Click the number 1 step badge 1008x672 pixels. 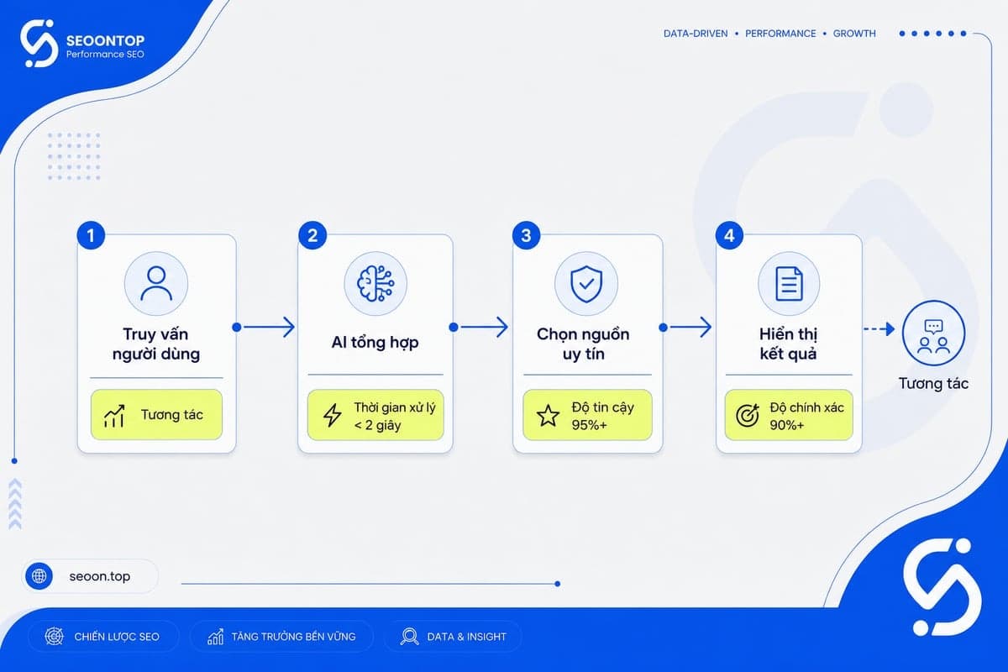tap(91, 235)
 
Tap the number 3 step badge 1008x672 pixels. tap(526, 235)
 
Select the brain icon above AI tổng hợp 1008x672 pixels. tap(375, 284)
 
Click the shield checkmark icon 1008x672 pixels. tap(586, 284)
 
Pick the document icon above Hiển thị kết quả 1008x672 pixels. tap(789, 284)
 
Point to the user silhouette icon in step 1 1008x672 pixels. tap(156, 283)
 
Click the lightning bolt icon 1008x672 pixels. tap(333, 415)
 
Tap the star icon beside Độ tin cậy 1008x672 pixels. tap(548, 416)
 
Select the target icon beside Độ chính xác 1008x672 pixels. tap(748, 416)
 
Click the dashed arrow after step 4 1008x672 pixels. tap(879, 329)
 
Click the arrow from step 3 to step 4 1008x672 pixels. tap(687, 328)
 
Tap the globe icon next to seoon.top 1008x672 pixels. tap(39, 576)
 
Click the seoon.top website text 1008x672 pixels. tap(100, 576)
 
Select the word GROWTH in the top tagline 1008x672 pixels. tap(854, 34)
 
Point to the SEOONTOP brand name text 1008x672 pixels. tap(105, 40)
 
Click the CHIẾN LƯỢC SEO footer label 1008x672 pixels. tap(117, 637)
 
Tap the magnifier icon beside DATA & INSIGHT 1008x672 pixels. tap(410, 637)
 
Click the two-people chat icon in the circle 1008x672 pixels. tap(934, 336)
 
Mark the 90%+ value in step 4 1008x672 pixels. tap(786, 425)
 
